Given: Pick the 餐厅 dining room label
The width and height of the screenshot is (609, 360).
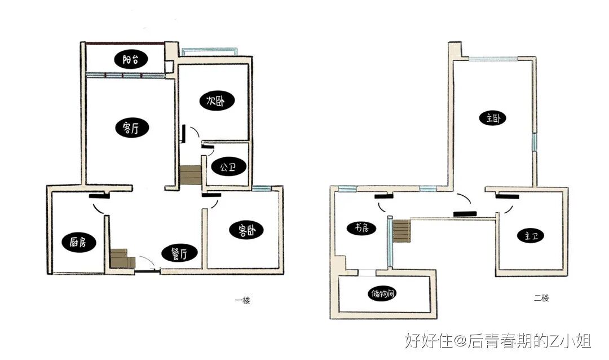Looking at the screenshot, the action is point(179,253).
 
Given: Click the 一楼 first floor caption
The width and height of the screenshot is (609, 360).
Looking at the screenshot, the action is point(242,300).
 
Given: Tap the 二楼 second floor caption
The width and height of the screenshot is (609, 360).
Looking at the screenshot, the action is point(541,298).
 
